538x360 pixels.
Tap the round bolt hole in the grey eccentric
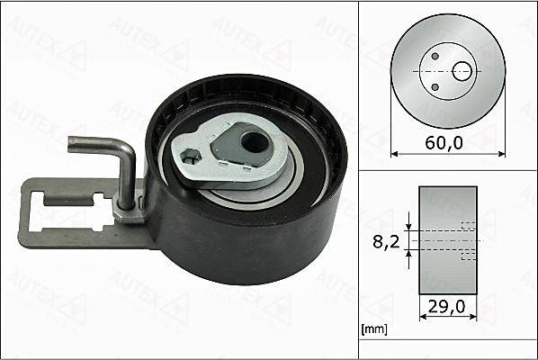click(x=255, y=140)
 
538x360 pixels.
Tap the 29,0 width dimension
click(x=447, y=306)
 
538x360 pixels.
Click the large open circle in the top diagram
click(x=462, y=70)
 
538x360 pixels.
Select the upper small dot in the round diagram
click(x=435, y=56)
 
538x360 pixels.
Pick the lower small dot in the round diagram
click(x=435, y=87)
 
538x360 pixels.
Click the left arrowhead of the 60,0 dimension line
click(x=393, y=153)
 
